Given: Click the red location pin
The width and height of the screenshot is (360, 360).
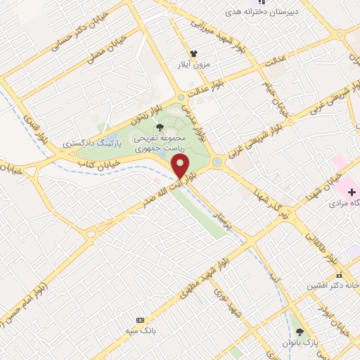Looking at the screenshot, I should point(181,167).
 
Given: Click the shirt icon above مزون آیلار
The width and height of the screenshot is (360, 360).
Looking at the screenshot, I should point(194,53).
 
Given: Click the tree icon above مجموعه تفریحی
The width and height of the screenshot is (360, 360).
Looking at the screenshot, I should point(161,127).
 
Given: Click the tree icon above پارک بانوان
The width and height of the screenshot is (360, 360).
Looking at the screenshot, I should point(300,331).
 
